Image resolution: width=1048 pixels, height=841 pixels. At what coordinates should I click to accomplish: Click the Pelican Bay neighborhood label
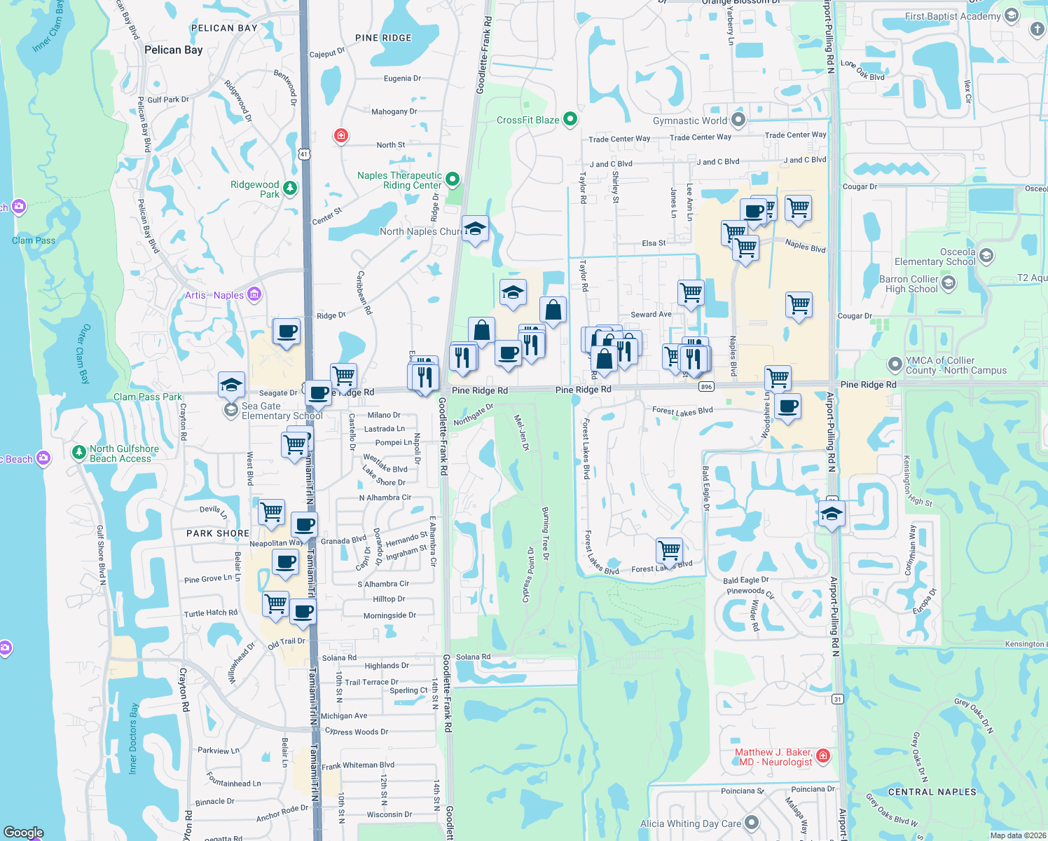[173, 50]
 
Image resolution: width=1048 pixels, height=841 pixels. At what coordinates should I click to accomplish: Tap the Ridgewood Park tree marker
[289, 188]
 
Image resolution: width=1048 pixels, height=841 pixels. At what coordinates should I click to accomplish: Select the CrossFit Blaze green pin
[570, 119]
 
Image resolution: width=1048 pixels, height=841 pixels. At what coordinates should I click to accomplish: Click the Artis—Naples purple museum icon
[254, 295]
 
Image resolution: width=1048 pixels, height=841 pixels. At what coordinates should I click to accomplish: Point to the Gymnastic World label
[689, 121]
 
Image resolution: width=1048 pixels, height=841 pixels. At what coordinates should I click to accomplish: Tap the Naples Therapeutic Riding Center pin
[453, 179]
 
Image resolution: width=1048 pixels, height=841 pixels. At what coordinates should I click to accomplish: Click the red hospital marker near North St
[341, 135]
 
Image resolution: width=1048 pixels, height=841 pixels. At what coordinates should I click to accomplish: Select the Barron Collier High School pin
[949, 283]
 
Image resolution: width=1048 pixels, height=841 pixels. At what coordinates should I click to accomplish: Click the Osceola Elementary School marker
[986, 256]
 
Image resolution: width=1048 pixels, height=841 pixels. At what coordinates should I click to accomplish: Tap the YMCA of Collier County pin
[895, 364]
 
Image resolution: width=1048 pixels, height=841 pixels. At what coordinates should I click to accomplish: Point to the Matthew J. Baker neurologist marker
[823, 756]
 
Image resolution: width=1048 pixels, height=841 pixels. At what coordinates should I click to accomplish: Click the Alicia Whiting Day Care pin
[752, 822]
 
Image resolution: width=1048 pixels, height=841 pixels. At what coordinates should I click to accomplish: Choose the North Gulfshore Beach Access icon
[79, 452]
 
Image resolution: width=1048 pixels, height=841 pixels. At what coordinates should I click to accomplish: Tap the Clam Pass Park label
[148, 397]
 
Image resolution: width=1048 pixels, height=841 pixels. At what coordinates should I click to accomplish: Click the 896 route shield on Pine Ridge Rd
[706, 387]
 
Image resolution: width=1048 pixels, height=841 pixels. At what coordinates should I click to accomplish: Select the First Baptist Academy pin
[1011, 15]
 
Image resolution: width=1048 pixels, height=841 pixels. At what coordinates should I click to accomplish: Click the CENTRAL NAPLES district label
[932, 792]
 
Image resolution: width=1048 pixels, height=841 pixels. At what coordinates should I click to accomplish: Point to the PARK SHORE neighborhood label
[218, 533]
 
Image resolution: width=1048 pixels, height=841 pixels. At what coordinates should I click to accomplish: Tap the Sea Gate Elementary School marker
[231, 410]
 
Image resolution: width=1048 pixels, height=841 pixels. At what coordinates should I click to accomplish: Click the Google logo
[24, 833]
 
